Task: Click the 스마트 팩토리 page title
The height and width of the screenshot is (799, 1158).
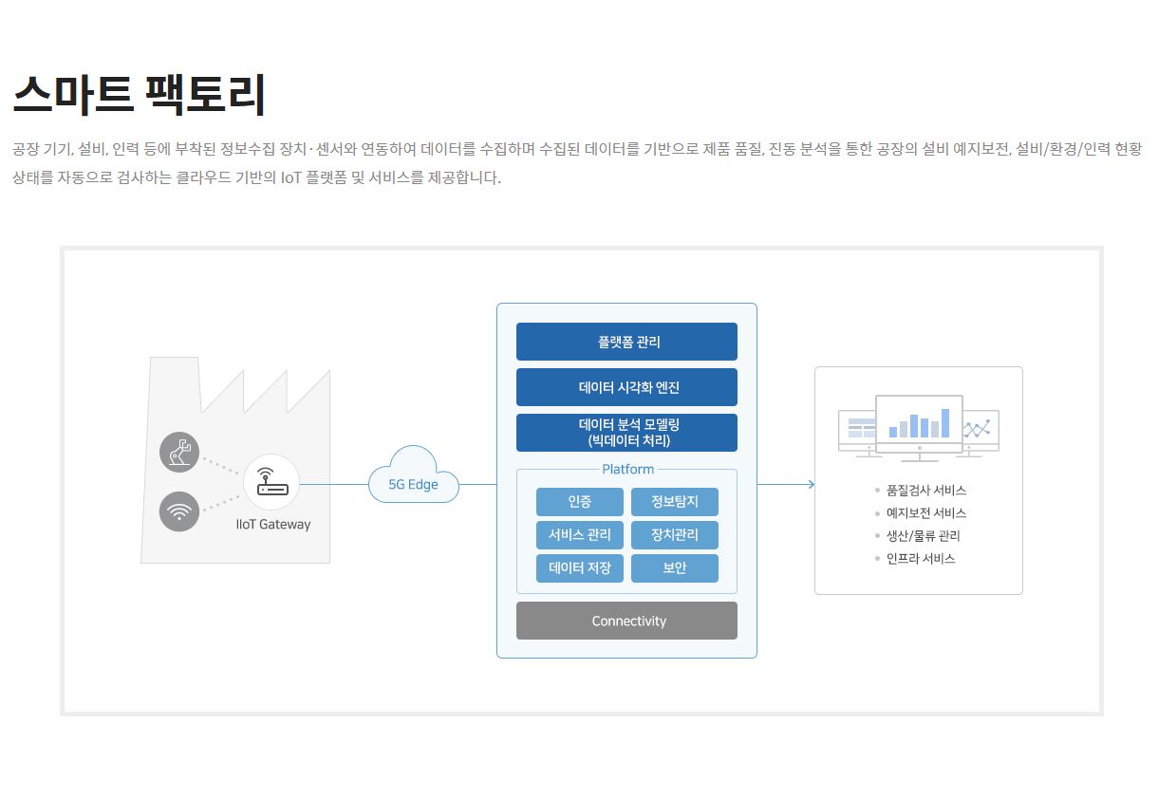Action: coord(139,94)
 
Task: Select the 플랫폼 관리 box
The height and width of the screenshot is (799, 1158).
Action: coord(626,342)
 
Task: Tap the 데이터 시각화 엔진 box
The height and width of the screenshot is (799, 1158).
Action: coord(626,387)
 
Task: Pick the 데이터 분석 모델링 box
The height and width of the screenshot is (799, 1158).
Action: coord(626,433)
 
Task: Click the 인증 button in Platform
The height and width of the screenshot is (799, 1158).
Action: coord(580,501)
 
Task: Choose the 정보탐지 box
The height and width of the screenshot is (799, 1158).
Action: coord(675,501)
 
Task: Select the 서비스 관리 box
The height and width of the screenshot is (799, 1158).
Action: coord(580,534)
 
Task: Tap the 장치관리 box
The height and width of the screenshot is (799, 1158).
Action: coord(675,534)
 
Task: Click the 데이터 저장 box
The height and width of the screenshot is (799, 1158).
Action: coord(580,568)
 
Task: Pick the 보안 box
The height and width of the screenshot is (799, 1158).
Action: coord(675,568)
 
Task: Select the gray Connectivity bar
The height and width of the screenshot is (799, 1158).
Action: coord(626,621)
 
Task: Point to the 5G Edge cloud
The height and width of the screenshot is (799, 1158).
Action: coord(414,475)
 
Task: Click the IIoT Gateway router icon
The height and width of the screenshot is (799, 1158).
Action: coord(271,482)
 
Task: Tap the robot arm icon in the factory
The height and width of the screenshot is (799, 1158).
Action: coord(179,452)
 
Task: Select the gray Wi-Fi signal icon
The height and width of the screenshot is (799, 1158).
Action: coord(179,511)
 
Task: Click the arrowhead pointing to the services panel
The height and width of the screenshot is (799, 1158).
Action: coord(812,484)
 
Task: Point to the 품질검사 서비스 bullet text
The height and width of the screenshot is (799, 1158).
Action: coord(926,490)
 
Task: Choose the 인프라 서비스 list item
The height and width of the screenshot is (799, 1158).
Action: coord(921,558)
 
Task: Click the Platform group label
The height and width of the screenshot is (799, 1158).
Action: coord(628,470)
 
